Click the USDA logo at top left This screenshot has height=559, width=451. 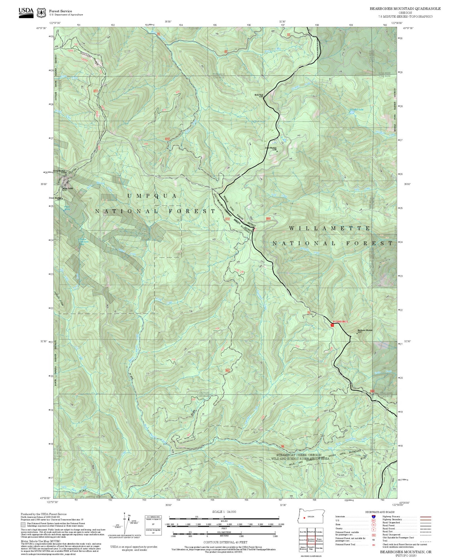pos(26,12)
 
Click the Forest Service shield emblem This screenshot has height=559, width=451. pos(41,13)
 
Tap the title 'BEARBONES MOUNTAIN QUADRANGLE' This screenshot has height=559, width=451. pos(405,9)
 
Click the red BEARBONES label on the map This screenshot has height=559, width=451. pos(340,321)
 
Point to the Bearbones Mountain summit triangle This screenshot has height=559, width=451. pos(357,333)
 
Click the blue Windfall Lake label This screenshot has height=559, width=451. pos(356,110)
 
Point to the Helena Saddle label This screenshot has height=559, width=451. pos(68,188)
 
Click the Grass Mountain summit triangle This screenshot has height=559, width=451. pos(277,151)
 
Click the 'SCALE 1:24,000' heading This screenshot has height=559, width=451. pos(224,512)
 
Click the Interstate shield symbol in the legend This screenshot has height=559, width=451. pos(373,516)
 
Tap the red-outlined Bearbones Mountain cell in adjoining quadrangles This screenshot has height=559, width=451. pos(311,539)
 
